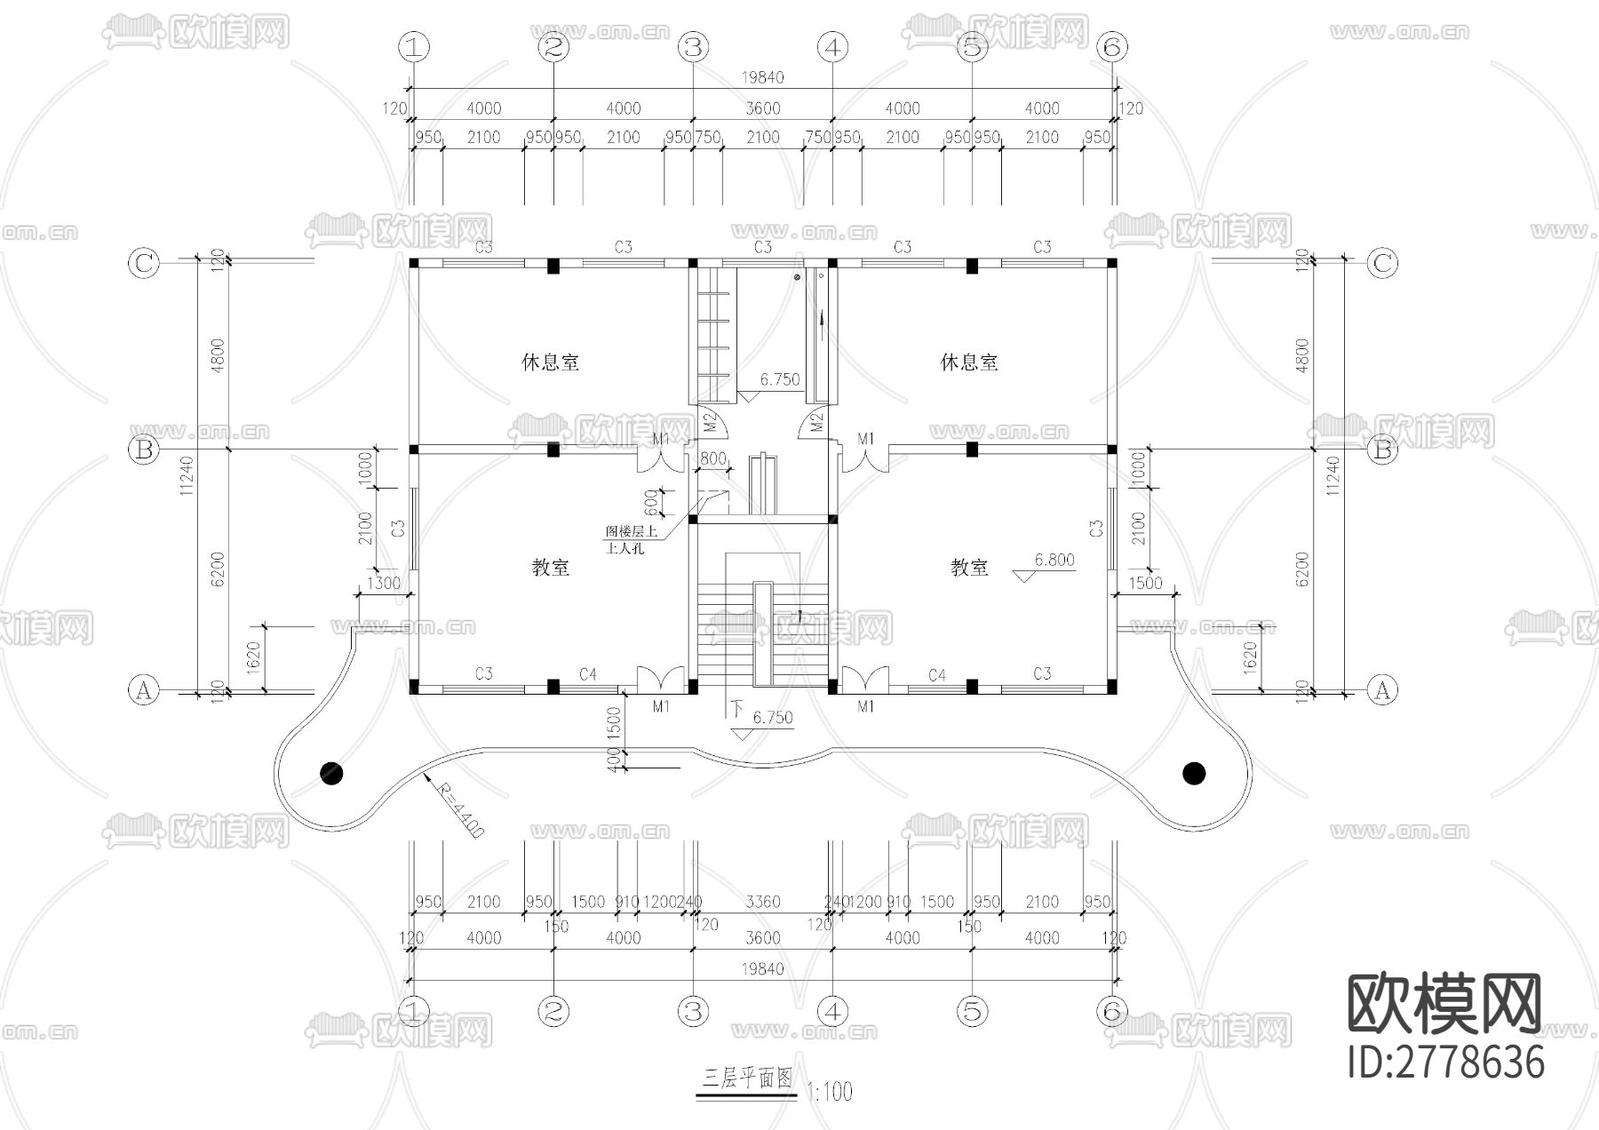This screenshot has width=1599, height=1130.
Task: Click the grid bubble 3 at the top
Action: click(693, 47)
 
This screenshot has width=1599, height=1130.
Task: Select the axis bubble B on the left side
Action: click(144, 450)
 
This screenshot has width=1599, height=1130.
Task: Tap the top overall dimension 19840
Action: click(762, 77)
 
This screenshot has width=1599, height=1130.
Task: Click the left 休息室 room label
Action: click(550, 362)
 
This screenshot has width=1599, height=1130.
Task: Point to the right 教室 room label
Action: click(969, 568)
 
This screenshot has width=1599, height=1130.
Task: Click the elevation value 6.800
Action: click(1054, 560)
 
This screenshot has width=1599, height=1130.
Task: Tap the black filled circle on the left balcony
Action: click(331, 774)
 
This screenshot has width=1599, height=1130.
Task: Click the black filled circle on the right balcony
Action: click(1194, 774)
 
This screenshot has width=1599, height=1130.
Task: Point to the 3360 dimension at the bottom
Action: click(762, 902)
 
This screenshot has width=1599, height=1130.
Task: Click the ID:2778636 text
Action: click(1446, 1062)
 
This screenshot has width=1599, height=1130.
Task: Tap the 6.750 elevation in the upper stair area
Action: click(779, 379)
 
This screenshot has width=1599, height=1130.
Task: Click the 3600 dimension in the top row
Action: click(762, 108)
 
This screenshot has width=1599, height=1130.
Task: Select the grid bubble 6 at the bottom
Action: click(1112, 1010)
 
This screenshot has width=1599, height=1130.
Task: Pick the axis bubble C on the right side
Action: click(1381, 263)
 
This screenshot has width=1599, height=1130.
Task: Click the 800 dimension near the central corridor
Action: click(712, 459)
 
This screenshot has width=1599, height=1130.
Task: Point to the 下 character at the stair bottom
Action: click(736, 709)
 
